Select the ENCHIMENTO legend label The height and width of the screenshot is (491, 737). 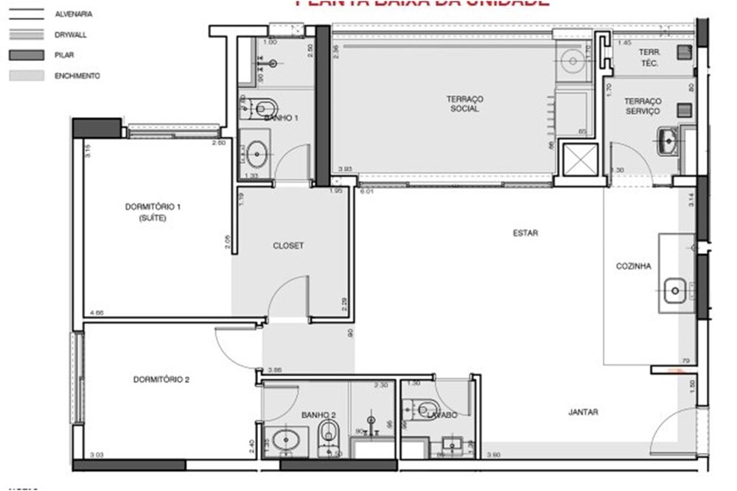pos(77,76)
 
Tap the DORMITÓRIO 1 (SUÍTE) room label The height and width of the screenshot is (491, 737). pos(153,213)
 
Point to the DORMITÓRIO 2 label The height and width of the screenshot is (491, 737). pos(161,380)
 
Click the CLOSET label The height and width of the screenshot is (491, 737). pos(288,246)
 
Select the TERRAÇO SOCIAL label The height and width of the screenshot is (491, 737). pos(464,104)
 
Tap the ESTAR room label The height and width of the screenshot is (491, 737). pos(525,233)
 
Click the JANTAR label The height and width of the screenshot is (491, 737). pos(583,412)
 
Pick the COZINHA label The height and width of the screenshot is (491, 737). pos(633,266)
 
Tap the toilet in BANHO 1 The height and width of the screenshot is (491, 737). pos(260,107)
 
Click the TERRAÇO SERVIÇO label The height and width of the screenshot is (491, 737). pos(642,106)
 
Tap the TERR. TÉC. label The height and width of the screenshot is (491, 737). pos(649,58)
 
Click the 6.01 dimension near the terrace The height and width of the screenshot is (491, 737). pos(366,191)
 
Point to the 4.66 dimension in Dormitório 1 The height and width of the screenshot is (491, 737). pos(97,314)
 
